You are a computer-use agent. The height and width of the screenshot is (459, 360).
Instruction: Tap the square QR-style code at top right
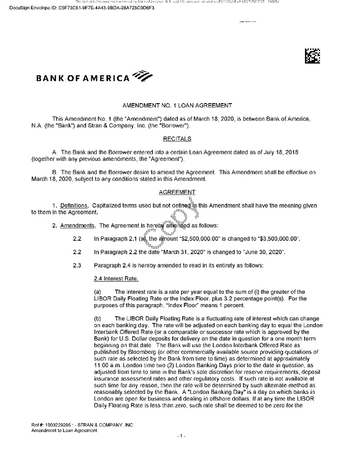coord(313,57)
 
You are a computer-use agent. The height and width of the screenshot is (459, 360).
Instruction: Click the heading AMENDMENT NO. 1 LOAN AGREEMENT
coord(177,105)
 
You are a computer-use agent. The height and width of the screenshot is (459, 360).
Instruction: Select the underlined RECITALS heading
coord(177,139)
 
